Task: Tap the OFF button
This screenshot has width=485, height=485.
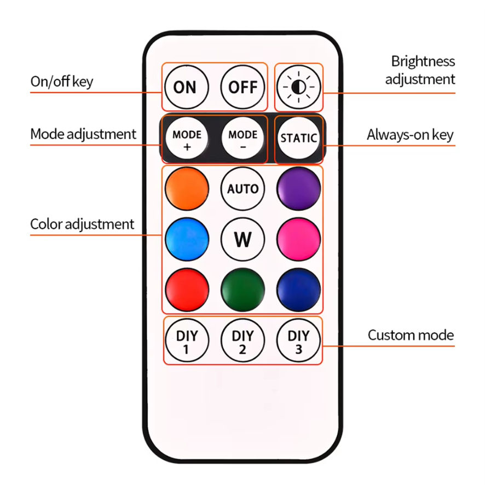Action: [243, 87]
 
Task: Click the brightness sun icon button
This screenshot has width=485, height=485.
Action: [298, 87]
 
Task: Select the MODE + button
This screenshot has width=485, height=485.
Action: [187, 138]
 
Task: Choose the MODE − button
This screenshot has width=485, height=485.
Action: [243, 138]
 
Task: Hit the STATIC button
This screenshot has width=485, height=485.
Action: [298, 138]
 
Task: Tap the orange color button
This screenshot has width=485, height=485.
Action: [187, 189]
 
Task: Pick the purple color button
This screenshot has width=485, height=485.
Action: [298, 189]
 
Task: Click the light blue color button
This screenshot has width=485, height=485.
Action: [187, 239]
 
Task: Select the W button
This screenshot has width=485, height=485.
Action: [243, 239]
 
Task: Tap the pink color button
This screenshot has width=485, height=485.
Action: [298, 239]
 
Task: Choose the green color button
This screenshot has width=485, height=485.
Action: [243, 290]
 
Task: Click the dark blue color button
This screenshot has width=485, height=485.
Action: [298, 290]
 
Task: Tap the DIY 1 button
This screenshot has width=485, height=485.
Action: [187, 340]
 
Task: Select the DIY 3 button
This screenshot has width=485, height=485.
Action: [298, 340]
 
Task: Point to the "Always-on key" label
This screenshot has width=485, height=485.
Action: [410, 135]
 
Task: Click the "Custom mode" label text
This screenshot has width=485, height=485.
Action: [411, 335]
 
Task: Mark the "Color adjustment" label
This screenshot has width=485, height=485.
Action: [82, 224]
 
